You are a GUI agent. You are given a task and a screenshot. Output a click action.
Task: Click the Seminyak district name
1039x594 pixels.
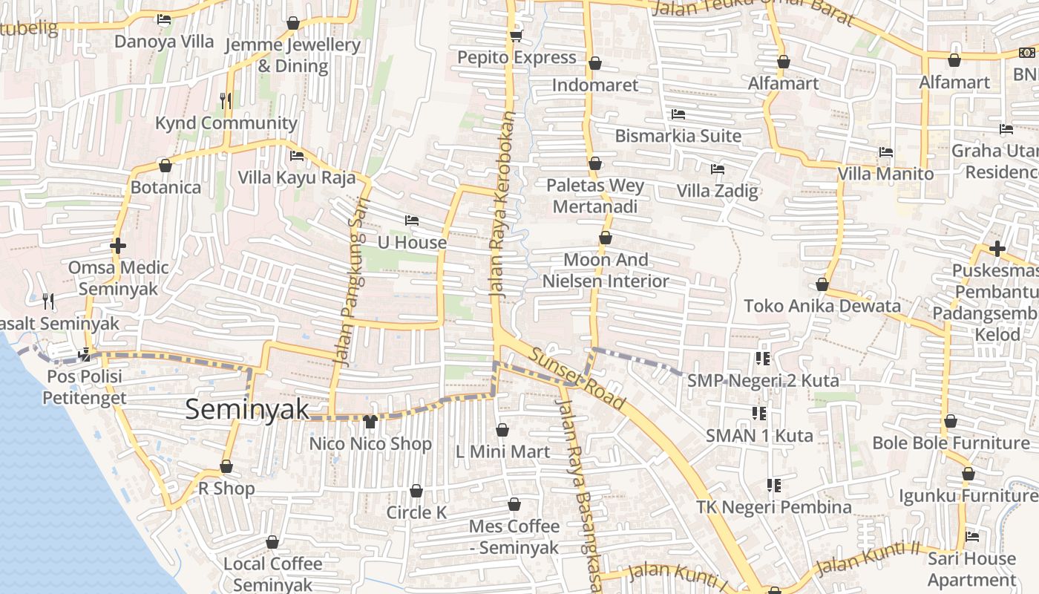pyautogui.click(x=246, y=409)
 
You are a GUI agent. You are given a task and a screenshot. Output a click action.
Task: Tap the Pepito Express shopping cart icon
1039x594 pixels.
pyautogui.click(x=516, y=36)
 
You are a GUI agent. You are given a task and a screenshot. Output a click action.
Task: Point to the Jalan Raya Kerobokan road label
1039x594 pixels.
pyautogui.click(x=502, y=205)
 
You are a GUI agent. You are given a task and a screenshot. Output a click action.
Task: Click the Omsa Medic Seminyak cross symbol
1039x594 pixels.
pyautogui.click(x=117, y=245)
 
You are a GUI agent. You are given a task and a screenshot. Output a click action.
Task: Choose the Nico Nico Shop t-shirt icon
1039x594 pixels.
pyautogui.click(x=370, y=422)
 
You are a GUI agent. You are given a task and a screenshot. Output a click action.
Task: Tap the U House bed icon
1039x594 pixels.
pyautogui.click(x=412, y=221)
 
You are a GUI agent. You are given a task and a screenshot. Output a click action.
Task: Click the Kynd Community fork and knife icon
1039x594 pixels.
pyautogui.click(x=226, y=99)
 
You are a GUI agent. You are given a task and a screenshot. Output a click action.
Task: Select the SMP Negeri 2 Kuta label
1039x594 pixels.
pyautogui.click(x=763, y=381)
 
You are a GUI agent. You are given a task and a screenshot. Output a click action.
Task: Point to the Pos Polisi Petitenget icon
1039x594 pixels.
pyautogui.click(x=85, y=354)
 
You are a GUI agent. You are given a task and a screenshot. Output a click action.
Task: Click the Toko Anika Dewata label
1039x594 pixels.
pyautogui.click(x=822, y=306)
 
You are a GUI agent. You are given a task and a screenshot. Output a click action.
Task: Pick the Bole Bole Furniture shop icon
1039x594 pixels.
pyautogui.click(x=951, y=421)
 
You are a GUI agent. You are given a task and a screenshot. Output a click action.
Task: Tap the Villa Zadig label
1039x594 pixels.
pyautogui.click(x=717, y=191)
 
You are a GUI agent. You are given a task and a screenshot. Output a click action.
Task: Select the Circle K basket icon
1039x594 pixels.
pyautogui.click(x=416, y=491)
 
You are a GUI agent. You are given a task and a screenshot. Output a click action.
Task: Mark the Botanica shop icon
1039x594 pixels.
pyautogui.click(x=165, y=165)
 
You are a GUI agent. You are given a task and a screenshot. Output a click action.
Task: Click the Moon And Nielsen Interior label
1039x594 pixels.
pyautogui.click(x=606, y=270)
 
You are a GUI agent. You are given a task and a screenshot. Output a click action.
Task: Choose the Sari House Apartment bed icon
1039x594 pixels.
pyautogui.click(x=971, y=536)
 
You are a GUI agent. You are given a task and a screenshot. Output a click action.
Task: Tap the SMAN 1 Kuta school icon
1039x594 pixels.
pyautogui.click(x=758, y=413)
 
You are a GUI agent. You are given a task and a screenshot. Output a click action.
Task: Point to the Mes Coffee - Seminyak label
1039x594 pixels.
pyautogui.click(x=514, y=537)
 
